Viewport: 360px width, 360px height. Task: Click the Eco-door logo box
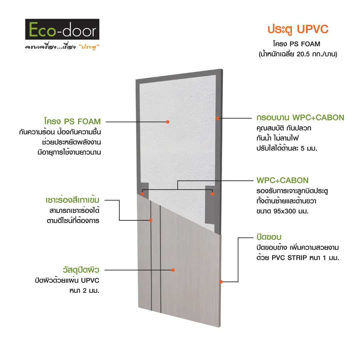click(x=62, y=29)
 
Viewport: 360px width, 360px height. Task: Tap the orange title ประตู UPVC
click(x=298, y=30)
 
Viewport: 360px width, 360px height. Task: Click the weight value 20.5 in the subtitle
click(x=303, y=54)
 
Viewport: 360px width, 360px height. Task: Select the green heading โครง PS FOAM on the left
click(x=73, y=121)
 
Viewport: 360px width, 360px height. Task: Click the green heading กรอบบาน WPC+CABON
click(x=300, y=118)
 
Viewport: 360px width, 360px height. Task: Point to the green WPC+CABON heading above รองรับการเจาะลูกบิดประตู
click(x=282, y=180)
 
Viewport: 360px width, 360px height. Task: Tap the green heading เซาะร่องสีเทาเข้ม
click(x=72, y=200)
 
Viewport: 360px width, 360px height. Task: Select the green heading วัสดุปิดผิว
click(x=81, y=270)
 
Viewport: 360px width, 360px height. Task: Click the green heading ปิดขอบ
click(x=269, y=237)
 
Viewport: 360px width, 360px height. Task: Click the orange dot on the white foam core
click(x=168, y=122)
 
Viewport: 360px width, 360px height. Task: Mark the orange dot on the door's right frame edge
click(x=218, y=118)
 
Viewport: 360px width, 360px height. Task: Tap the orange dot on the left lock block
click(x=142, y=194)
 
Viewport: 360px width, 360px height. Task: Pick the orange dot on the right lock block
click(x=212, y=194)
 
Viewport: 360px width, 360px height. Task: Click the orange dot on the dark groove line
click(x=151, y=220)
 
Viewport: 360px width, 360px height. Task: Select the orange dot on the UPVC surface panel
click(x=173, y=270)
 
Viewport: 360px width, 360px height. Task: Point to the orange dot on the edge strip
click(x=221, y=282)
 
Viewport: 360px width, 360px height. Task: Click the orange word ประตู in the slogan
click(x=89, y=47)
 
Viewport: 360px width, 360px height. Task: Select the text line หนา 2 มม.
click(x=84, y=291)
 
